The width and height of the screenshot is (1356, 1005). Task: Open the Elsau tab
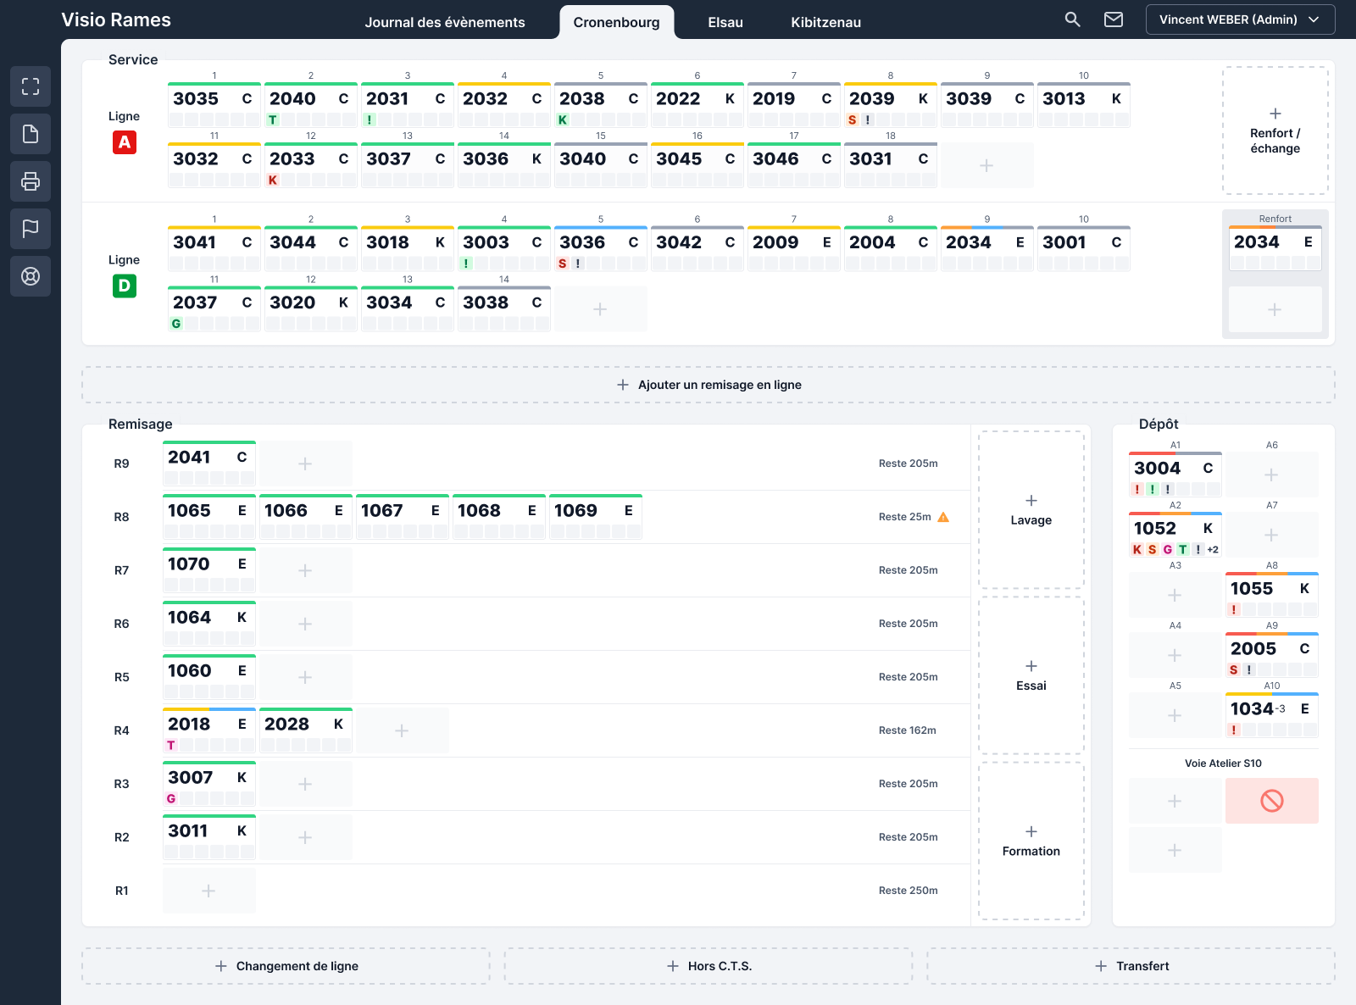(725, 22)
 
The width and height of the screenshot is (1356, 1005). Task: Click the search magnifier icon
(1072, 19)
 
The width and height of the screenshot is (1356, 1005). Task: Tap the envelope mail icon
(1114, 19)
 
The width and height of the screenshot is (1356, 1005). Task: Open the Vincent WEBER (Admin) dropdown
(1240, 19)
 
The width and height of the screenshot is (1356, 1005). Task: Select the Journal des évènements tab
(444, 22)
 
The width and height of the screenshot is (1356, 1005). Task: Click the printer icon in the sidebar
(31, 181)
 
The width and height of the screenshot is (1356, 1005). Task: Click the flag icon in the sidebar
(31, 229)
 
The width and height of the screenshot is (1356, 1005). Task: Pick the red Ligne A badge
(124, 142)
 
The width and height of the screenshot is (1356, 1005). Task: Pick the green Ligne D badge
(124, 286)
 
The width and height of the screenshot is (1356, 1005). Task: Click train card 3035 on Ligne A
(214, 104)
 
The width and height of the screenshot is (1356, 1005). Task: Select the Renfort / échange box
(1275, 130)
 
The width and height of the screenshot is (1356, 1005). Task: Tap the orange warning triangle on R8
(943, 517)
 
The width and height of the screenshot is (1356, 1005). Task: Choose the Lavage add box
(1031, 510)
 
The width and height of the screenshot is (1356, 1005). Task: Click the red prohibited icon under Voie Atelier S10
(1271, 801)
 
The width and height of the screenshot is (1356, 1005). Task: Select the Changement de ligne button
(286, 966)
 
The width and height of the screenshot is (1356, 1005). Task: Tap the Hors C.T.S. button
(709, 966)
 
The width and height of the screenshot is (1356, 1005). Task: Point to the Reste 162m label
(908, 730)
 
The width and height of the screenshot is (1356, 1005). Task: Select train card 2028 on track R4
(306, 730)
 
